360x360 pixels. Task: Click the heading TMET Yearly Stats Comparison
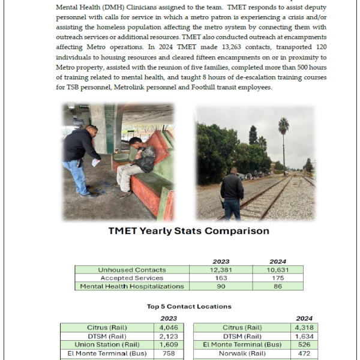point(189,231)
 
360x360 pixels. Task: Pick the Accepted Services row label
point(132,278)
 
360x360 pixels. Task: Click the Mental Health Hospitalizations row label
point(132,287)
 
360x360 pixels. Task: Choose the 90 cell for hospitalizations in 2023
point(221,287)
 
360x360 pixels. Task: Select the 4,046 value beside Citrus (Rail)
point(172,328)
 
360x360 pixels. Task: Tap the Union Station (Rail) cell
point(107,345)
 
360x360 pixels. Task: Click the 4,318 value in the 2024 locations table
point(305,328)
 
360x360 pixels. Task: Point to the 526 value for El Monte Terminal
point(305,345)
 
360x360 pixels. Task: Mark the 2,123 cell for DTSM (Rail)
point(172,337)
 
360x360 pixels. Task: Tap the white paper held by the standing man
point(95,163)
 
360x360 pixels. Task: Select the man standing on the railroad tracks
point(232,191)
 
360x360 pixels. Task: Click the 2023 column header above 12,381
point(221,262)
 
